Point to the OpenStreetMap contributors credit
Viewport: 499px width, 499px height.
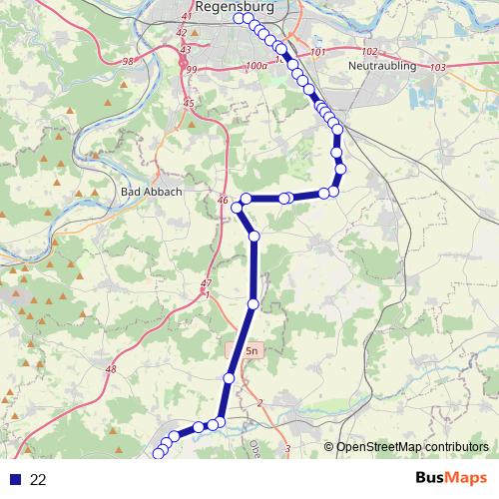pyautogui.click(x=411, y=447)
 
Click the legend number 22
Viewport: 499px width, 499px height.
pyautogui.click(x=39, y=479)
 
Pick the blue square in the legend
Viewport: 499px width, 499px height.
pyautogui.click(x=14, y=479)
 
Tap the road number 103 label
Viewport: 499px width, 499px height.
pyautogui.click(x=437, y=67)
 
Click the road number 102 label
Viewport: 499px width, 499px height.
pyautogui.click(x=370, y=52)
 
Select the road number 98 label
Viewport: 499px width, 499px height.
pyautogui.click(x=128, y=63)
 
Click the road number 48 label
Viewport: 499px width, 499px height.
pyautogui.click(x=110, y=370)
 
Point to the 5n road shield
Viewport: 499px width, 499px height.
pyautogui.click(x=250, y=351)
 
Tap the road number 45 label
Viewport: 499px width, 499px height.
pyautogui.click(x=188, y=103)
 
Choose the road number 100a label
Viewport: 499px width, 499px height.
pyautogui.click(x=256, y=66)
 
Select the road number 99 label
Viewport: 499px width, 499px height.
pyautogui.click(x=192, y=69)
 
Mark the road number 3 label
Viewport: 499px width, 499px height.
pyautogui.click(x=288, y=449)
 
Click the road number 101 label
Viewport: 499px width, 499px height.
pyautogui.click(x=318, y=51)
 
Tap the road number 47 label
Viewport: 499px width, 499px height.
pyautogui.click(x=207, y=283)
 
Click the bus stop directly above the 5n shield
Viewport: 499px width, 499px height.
pyautogui.click(x=252, y=303)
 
